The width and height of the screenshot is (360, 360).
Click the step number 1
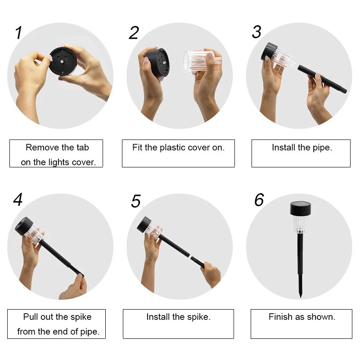click(18, 32)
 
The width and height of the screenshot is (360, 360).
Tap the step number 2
click(134, 32)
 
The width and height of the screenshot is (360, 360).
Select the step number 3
click(256, 31)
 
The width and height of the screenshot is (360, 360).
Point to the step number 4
click(18, 199)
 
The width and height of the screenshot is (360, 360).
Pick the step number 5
click(136, 201)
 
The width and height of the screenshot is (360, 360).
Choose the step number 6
click(259, 199)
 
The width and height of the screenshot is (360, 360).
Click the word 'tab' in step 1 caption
click(83, 148)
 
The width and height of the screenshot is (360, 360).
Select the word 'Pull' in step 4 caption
click(30, 317)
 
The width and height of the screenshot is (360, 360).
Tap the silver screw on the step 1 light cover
click(62, 62)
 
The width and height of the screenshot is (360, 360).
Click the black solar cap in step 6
click(301, 208)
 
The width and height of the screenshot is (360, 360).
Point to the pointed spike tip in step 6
click(301, 297)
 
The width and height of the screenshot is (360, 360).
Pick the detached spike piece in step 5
click(198, 262)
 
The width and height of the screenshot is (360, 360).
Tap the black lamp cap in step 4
click(24, 226)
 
